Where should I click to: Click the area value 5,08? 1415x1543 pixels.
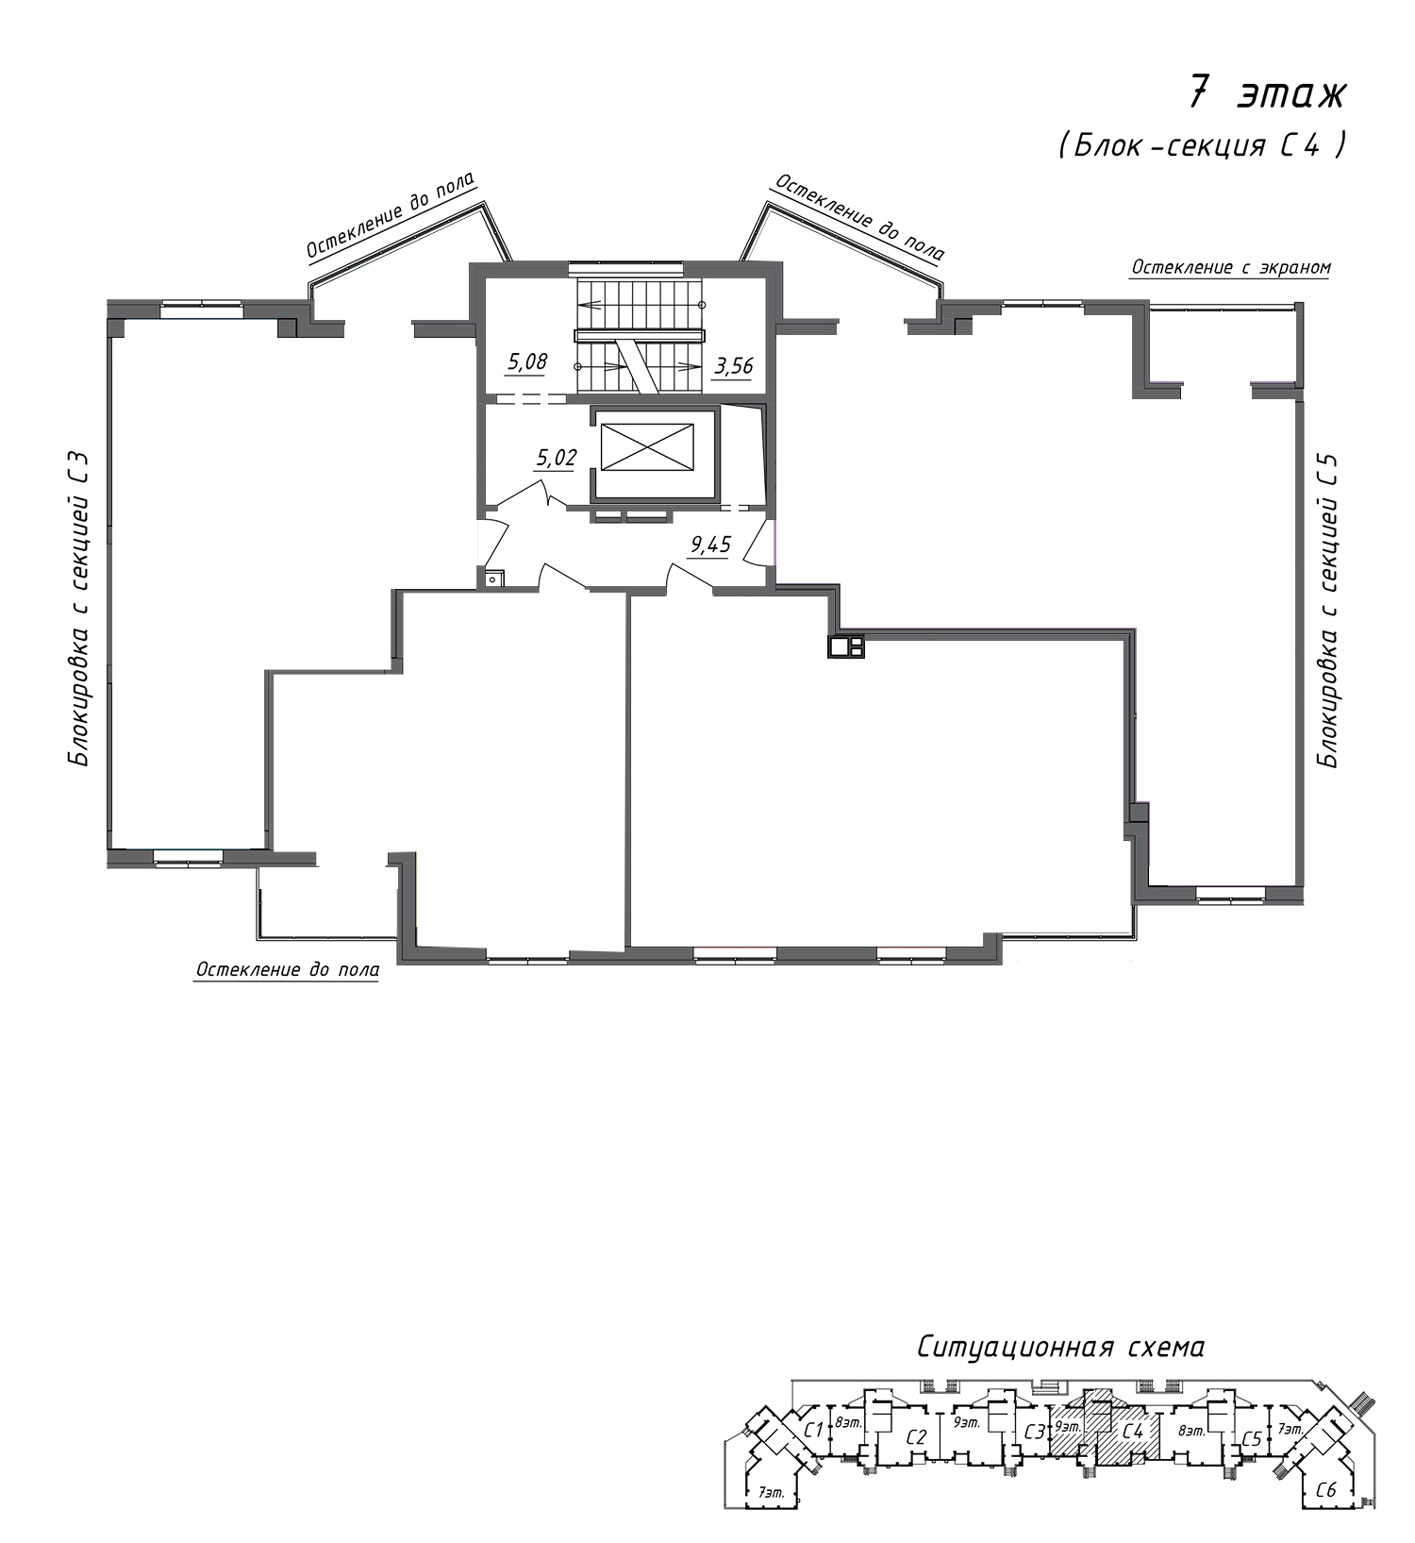[x=527, y=361]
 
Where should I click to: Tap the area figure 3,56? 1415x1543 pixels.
[x=734, y=365]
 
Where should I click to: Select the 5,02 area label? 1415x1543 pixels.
[x=556, y=459]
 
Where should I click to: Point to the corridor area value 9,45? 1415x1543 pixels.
[x=711, y=545]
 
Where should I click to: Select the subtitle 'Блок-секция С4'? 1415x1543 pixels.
[x=1202, y=145]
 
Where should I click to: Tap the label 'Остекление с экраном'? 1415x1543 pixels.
[x=1231, y=267]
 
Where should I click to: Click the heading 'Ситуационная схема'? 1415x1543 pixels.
[x=1060, y=1347]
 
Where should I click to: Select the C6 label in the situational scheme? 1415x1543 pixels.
[x=1325, y=1490]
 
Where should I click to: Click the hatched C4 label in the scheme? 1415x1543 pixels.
[x=1132, y=1432]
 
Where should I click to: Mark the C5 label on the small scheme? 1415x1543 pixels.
[x=1251, y=1439]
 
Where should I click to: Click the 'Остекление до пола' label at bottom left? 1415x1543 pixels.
[x=288, y=970]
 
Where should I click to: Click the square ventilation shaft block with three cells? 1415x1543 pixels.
[x=846, y=646]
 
